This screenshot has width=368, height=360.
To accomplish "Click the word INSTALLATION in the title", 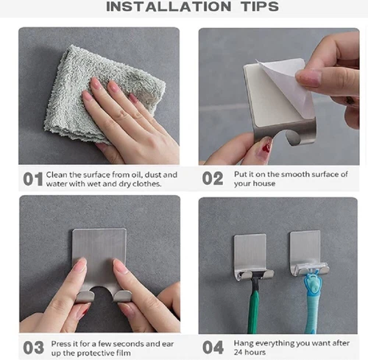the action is tap(169, 7).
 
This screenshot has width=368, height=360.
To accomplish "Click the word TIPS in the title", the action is tap(260, 7).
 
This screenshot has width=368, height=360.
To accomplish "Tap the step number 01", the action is tap(33, 179).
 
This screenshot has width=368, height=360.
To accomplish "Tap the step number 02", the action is tap(213, 178).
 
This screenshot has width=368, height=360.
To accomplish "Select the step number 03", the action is tap(34, 347).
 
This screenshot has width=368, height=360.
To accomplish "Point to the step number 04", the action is tap(213, 347).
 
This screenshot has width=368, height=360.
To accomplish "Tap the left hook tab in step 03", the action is tap(85, 297).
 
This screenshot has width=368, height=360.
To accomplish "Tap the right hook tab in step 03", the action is tap(122, 296).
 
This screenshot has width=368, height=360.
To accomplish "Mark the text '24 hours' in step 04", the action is tap(250, 352).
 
